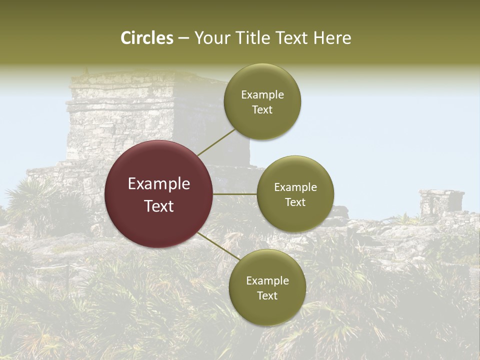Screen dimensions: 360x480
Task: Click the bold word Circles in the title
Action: coord(146,38)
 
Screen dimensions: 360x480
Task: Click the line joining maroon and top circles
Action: coord(216,142)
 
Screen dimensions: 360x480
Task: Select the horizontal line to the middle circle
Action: coord(235,194)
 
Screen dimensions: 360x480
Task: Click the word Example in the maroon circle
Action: coord(159,184)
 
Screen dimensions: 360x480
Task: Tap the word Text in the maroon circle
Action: coord(159,206)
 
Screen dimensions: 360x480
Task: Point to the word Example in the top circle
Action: coord(262,95)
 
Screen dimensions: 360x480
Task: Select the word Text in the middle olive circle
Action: coord(295,202)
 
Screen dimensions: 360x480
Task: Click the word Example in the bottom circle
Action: coord(267,281)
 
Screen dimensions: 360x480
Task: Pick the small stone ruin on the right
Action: coord(441,203)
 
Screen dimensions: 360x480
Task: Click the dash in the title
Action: coord(183,38)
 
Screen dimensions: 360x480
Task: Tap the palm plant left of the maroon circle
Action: coord(30,200)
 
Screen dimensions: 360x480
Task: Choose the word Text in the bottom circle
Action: coord(267,296)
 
